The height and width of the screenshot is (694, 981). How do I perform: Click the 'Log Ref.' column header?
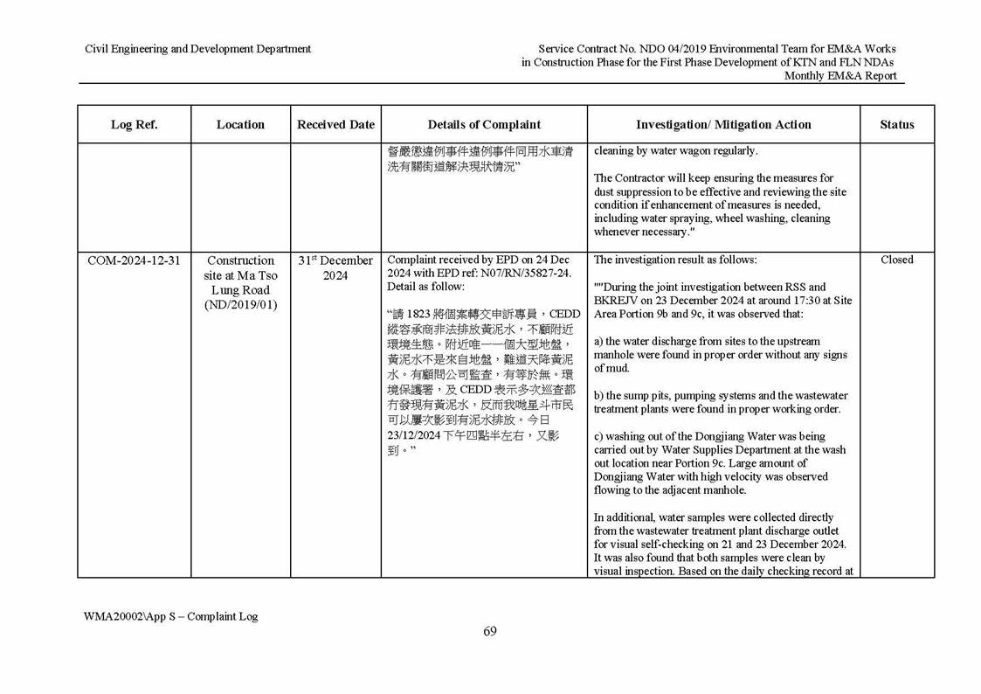point(134,125)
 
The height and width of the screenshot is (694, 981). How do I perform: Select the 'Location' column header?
point(240,125)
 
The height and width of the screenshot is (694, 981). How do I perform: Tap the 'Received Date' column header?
point(335,125)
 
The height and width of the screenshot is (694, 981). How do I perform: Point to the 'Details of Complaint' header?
point(484,125)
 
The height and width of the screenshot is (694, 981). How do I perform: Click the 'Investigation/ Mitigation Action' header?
point(723,125)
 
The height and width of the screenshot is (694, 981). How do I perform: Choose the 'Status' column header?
point(896,125)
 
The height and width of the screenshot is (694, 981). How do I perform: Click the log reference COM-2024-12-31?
point(134,260)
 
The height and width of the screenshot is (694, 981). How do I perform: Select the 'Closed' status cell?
point(896,260)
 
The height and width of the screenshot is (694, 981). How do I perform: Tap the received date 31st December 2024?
point(335,268)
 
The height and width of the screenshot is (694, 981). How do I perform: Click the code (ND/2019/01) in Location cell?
point(240,305)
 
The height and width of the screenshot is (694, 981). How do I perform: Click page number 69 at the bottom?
point(490,632)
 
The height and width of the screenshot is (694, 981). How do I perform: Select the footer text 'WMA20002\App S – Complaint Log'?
point(171,616)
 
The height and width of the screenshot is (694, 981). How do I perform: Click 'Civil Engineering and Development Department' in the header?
point(197,49)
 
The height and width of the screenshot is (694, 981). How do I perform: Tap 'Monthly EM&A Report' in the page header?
point(840,76)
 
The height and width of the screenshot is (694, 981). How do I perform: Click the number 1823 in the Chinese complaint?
point(421,315)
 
